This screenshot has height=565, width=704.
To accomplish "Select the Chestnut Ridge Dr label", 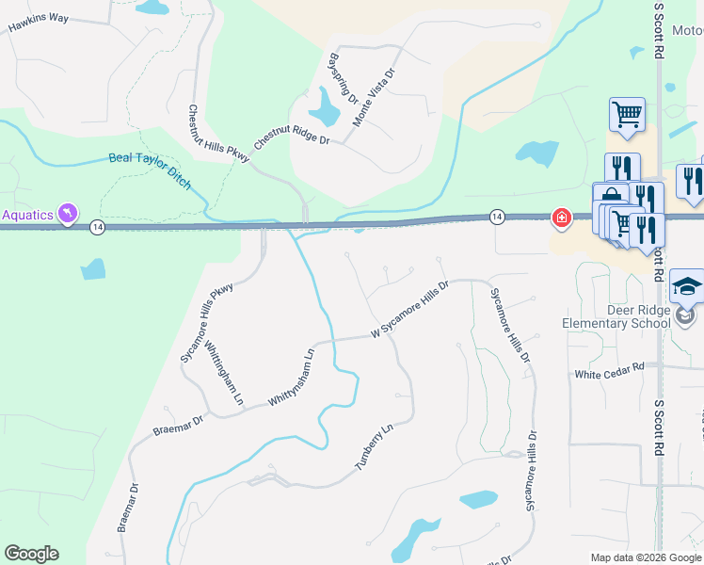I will pyautogui.click(x=292, y=137).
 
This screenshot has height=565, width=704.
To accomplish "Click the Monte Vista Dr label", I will pyautogui.click(x=374, y=97).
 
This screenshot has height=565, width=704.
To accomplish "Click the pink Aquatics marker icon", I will pyautogui.click(x=68, y=214).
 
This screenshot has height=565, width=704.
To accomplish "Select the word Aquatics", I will pyautogui.click(x=28, y=215).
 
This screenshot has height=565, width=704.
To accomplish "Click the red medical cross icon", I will pyautogui.click(x=562, y=218).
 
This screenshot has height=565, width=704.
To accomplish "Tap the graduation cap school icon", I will pyautogui.click(x=688, y=286).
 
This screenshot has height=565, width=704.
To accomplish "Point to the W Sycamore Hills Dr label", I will pyautogui.click(x=410, y=309).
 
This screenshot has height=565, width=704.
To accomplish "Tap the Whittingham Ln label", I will pyautogui.click(x=224, y=374).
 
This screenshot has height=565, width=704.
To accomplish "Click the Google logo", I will pyautogui.click(x=31, y=554).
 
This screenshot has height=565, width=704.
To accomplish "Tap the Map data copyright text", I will pyautogui.click(x=647, y=557).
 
